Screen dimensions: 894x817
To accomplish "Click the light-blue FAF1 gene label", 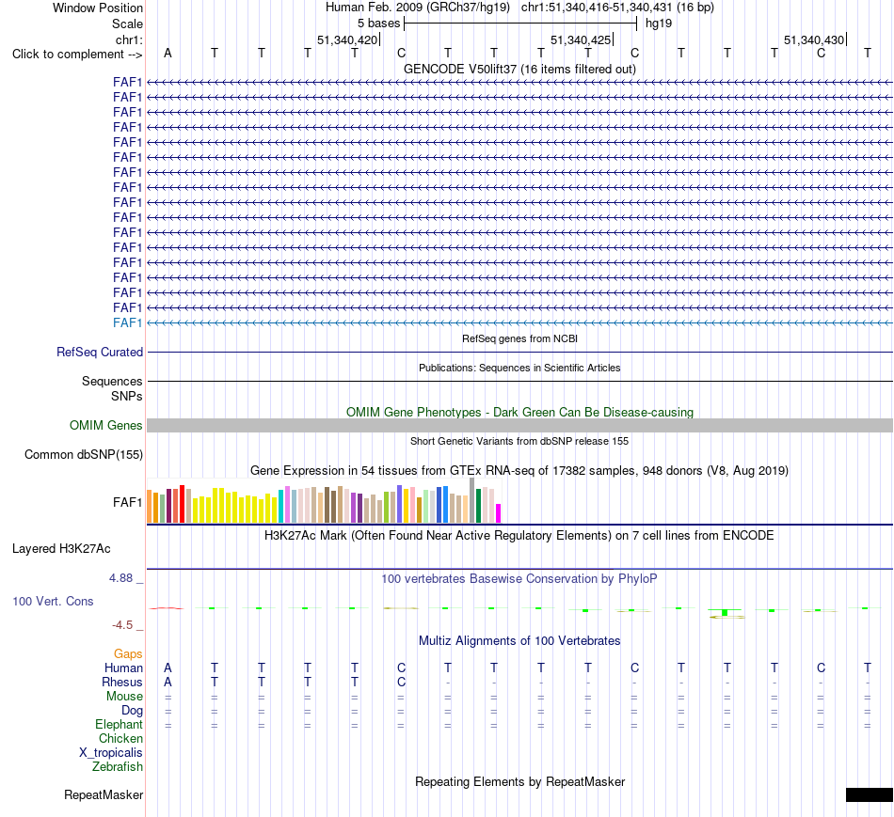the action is [x=127, y=323].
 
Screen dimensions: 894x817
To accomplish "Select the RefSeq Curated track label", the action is [x=100, y=353].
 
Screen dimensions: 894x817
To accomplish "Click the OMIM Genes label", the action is [x=105, y=426].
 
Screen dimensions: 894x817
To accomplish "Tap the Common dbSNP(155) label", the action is [x=84, y=455].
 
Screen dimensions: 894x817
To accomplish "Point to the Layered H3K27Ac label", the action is [x=61, y=549].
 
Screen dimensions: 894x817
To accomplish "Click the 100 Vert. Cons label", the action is [x=53, y=601].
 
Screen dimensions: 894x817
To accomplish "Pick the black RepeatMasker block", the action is [x=870, y=794].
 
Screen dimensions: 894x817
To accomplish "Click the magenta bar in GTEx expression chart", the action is [x=499, y=513].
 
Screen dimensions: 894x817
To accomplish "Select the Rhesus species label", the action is [x=122, y=682].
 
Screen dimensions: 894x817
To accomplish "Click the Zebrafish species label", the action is [x=118, y=767].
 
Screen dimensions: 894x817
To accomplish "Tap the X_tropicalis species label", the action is [x=111, y=753].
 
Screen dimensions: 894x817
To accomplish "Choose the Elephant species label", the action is [x=119, y=724].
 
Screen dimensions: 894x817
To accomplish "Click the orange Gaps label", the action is [x=128, y=654].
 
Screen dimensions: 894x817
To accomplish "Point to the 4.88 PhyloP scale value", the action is [x=120, y=578].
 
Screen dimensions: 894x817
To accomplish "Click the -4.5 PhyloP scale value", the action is [x=122, y=625].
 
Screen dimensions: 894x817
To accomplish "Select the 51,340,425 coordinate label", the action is [x=581, y=39].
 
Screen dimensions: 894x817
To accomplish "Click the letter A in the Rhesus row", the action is [x=168, y=682].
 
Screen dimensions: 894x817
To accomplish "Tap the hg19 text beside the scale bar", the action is [x=659, y=24].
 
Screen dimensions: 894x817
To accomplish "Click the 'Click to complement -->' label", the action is [x=77, y=55].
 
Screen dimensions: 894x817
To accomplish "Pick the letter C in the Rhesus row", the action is [x=402, y=682].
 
